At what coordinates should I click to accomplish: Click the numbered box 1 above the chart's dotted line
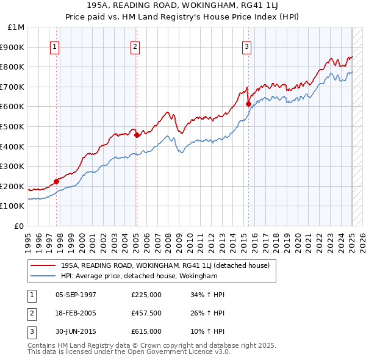tap(55, 46)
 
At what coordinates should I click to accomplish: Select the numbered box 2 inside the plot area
tap(135, 46)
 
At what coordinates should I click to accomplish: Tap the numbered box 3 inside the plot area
tap(246, 46)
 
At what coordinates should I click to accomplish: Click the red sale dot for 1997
tap(56, 181)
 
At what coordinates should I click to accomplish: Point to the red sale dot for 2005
tap(137, 135)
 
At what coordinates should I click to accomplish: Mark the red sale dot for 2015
tap(248, 104)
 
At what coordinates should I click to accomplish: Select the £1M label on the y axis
tap(16, 27)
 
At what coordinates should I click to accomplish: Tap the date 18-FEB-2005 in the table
tap(76, 314)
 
